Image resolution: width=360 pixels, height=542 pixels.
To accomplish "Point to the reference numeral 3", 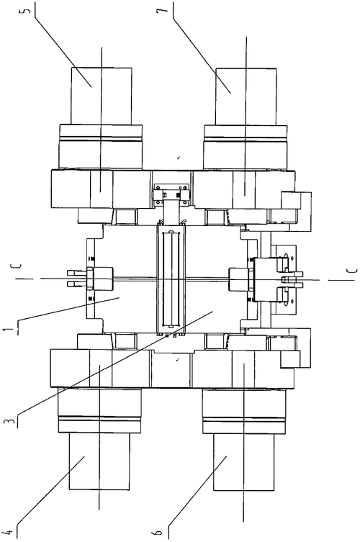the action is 8,422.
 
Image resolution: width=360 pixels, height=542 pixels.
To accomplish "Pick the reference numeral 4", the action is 9,533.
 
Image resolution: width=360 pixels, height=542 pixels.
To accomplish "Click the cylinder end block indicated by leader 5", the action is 102,95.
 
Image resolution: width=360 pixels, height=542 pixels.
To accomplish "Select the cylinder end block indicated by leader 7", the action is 246,96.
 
